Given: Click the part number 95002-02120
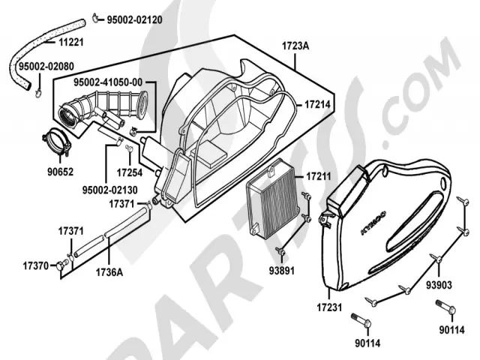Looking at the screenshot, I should [134, 18].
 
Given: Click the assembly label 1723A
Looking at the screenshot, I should [293, 46].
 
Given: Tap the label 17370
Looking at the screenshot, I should [35, 265].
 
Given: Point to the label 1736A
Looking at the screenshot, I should [109, 272].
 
